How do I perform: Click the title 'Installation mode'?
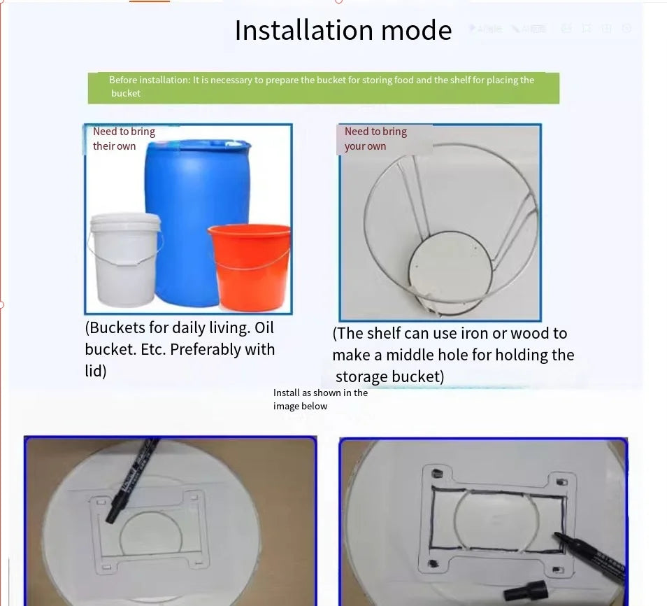point(343,31)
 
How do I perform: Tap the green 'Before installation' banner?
point(323,87)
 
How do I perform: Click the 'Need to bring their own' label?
point(124,139)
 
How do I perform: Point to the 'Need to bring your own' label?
point(375,139)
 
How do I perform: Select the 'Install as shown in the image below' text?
point(320,399)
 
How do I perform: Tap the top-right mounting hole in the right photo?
point(559,481)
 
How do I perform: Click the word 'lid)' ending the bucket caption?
point(96,371)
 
